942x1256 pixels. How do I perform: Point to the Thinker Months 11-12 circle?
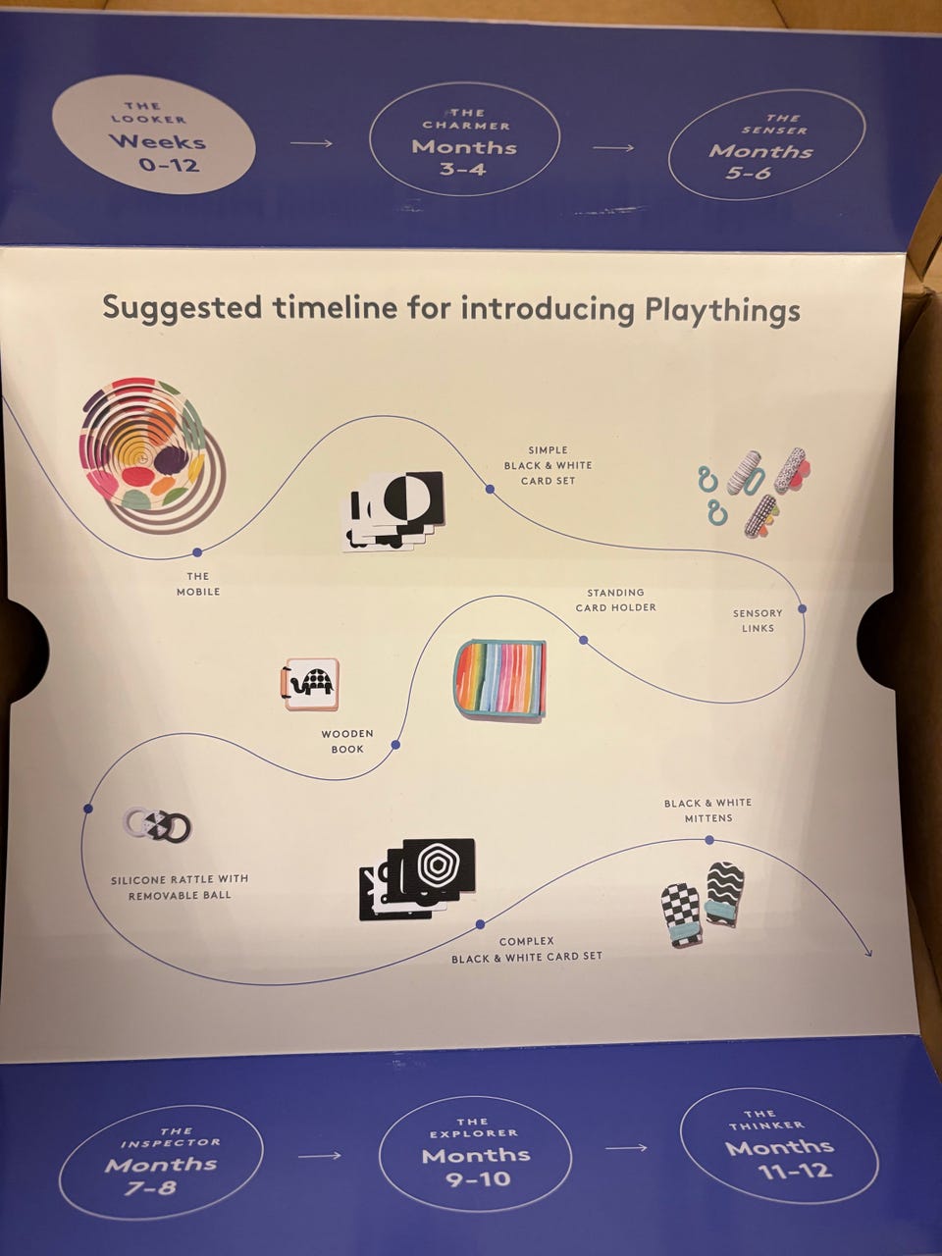click(779, 1145)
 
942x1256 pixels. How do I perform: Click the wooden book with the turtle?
click(309, 684)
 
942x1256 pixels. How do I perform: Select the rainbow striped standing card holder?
click(499, 678)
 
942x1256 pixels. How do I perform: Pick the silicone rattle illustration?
click(158, 827)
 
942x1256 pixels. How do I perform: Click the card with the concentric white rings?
click(439, 865)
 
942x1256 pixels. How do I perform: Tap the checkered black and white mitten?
click(682, 915)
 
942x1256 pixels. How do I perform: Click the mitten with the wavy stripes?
click(725, 893)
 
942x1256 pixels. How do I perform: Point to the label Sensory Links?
click(758, 620)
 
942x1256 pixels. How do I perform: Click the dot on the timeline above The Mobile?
click(197, 552)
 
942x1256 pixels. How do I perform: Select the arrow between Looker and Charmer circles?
click(311, 143)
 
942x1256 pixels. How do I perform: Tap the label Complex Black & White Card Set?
click(526, 949)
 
